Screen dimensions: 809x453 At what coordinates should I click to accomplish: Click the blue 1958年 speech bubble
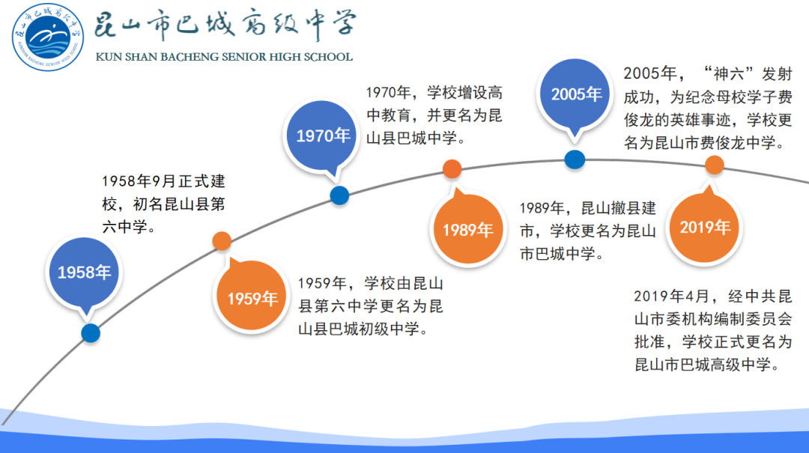pos(84,273)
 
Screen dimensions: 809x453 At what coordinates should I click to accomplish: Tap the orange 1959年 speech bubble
pos(251,296)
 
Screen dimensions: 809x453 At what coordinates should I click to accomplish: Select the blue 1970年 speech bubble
pos(322,137)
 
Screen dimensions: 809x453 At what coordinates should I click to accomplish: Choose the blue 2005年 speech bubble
pos(575,95)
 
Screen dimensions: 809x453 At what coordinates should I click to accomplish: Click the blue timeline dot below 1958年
pos(91,333)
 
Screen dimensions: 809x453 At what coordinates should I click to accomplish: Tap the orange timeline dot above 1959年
pos(222,241)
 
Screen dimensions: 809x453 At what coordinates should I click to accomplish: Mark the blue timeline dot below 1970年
pos(339,195)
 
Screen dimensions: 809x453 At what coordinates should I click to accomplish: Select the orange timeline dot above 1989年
pos(452,168)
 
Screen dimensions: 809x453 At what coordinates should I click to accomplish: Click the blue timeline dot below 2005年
pos(575,159)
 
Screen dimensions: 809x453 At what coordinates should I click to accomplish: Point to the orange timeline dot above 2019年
pos(715,165)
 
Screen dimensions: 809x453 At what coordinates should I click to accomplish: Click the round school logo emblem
pos(48,37)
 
